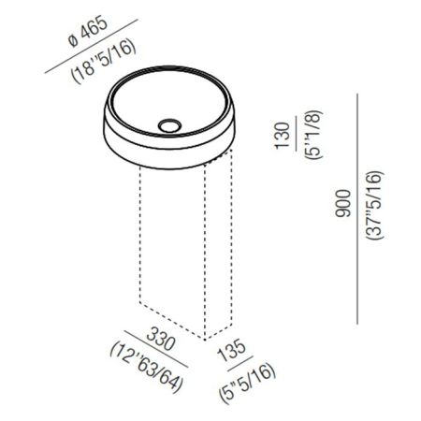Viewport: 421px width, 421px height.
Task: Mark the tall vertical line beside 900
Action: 359,207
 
